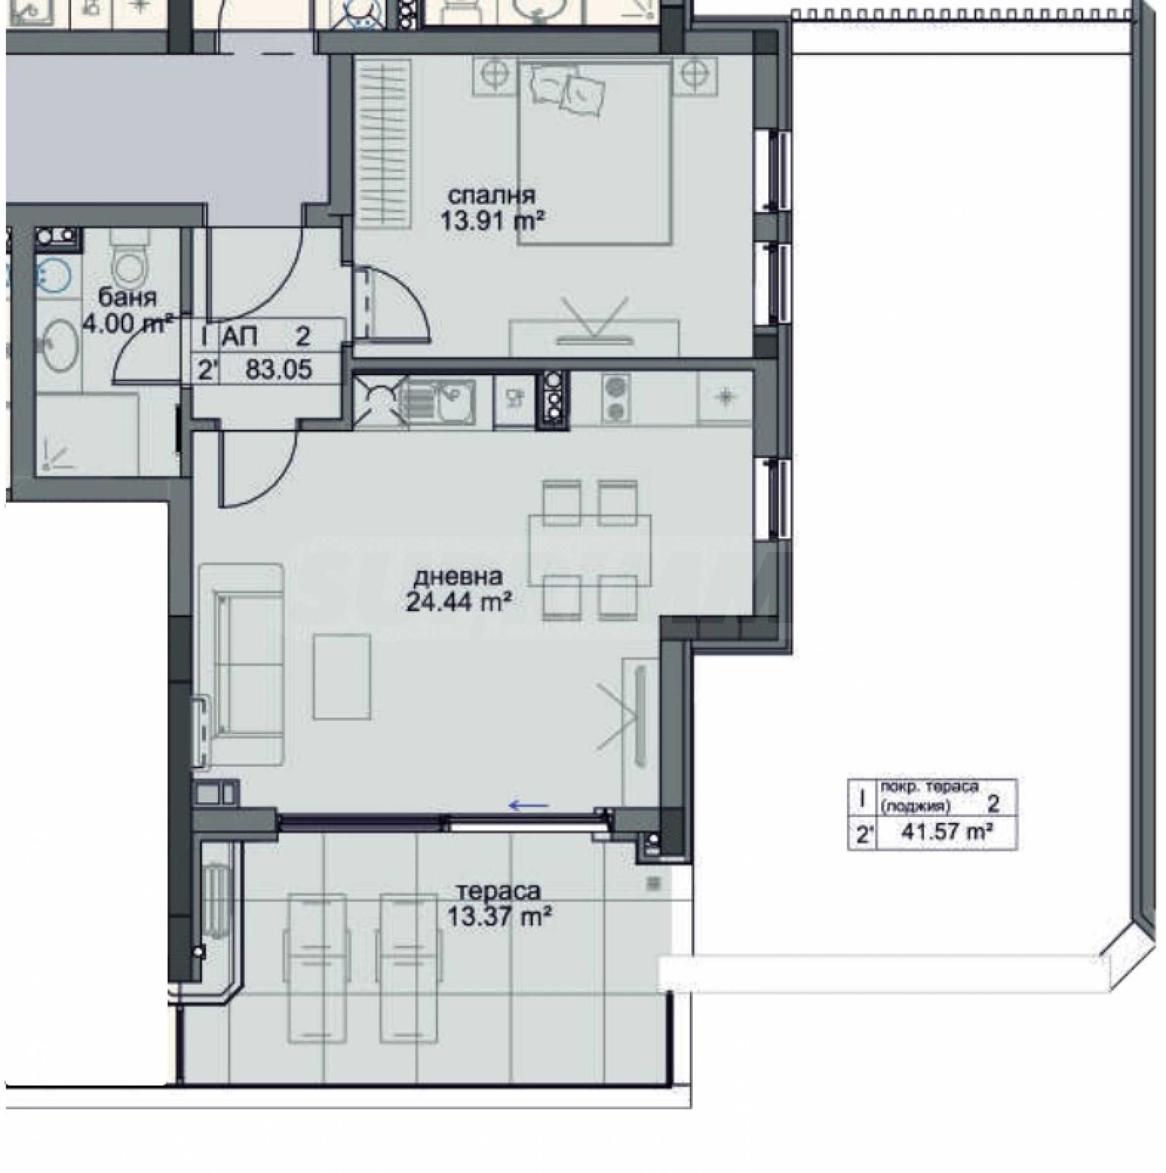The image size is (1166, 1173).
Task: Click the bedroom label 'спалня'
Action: point(491,197)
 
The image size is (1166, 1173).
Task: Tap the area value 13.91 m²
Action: point(491,221)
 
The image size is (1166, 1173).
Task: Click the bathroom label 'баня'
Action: point(128,297)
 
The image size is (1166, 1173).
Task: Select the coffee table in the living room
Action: point(342,676)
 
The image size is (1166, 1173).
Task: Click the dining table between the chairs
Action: point(590,550)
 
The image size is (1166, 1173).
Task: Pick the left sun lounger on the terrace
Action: point(315,968)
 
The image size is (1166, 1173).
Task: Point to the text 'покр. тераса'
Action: point(928,787)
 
